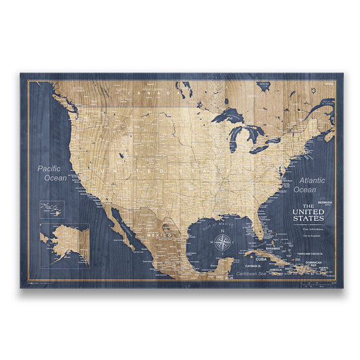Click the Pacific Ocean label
click(x=52, y=173)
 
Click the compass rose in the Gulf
click(x=224, y=240)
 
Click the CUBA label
click(x=261, y=259)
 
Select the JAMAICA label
click(x=276, y=269)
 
